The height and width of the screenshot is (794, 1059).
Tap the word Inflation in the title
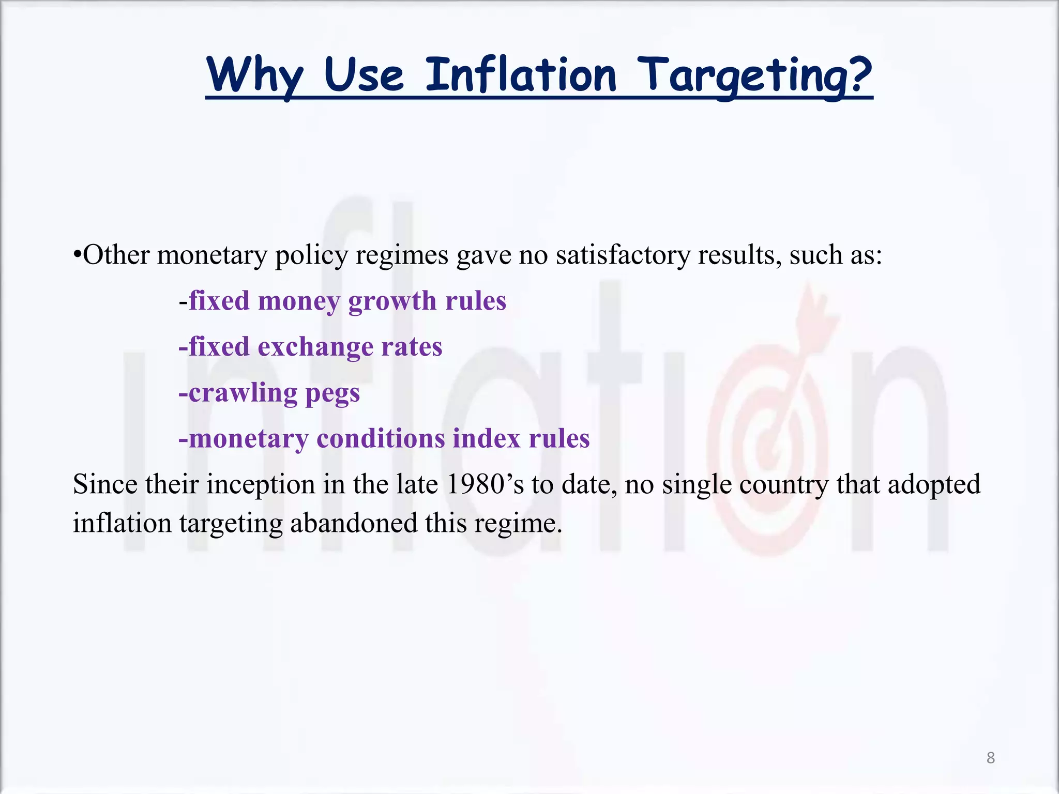point(521,75)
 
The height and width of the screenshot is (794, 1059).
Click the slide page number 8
point(990,758)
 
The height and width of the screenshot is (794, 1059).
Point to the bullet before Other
point(77,254)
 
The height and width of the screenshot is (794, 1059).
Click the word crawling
point(243,393)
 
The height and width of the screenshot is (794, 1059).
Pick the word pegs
point(332,394)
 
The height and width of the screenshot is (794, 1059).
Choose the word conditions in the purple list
point(380,439)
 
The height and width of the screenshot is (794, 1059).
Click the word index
point(486,439)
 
